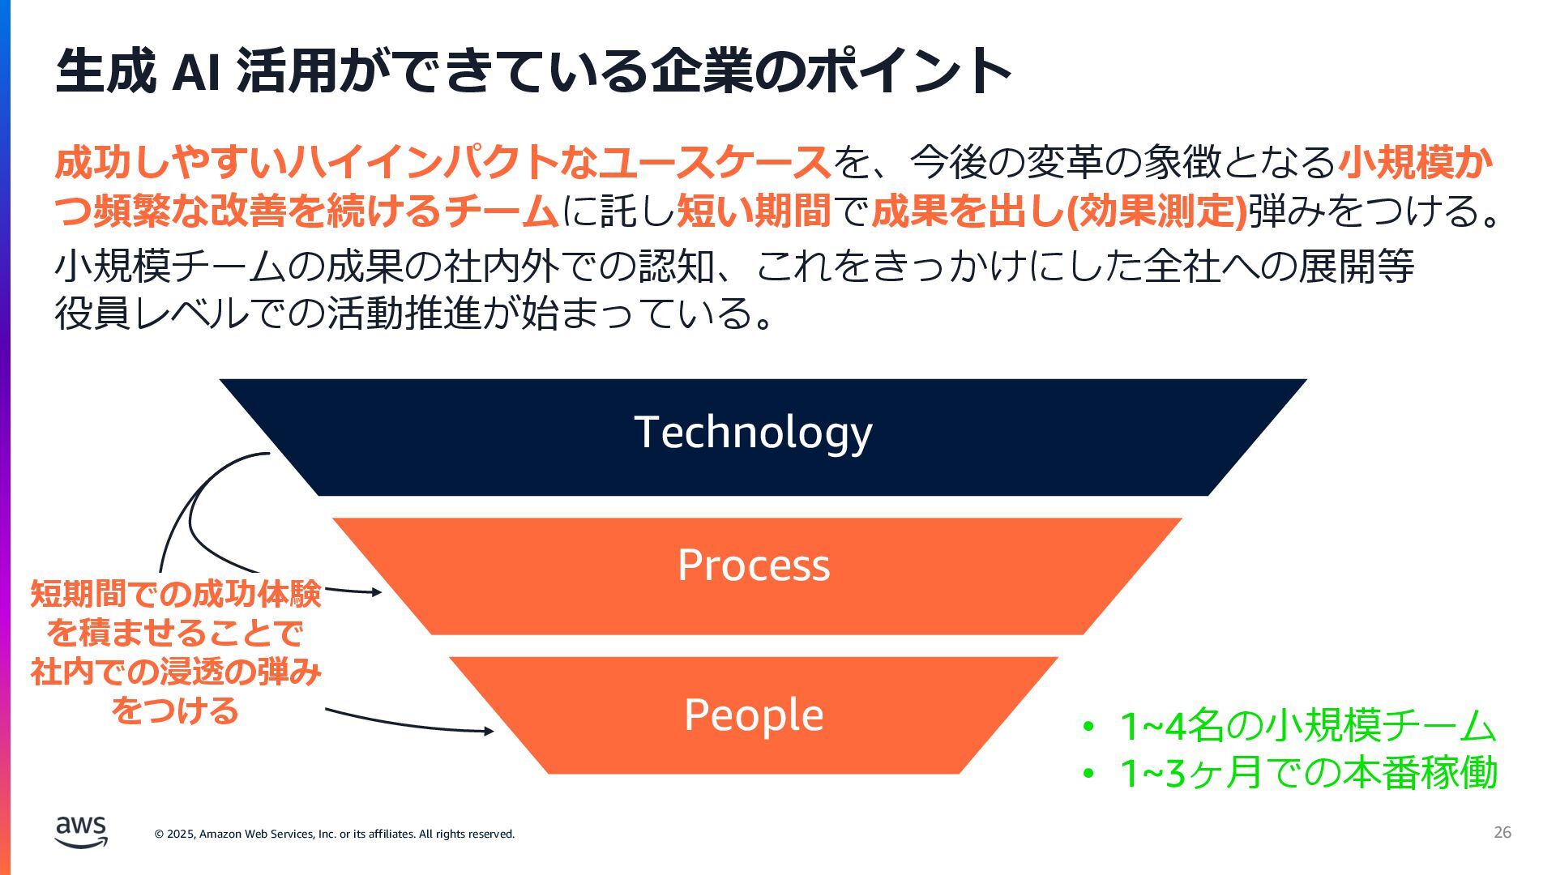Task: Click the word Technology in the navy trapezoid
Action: [753, 433]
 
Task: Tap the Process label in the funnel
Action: [754, 566]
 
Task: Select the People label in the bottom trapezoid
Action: [754, 715]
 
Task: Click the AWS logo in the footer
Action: [81, 831]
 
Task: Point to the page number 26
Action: [1502, 832]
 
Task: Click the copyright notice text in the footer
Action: [335, 834]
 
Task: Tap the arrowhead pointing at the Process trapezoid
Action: [376, 592]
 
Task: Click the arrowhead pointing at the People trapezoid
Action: [489, 731]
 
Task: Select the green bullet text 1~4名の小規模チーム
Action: [1307, 725]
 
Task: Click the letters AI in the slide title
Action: [196, 71]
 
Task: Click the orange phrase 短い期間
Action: [754, 211]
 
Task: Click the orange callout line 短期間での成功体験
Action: [176, 594]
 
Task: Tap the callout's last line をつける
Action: [176, 711]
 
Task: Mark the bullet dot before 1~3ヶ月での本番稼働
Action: [1088, 773]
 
